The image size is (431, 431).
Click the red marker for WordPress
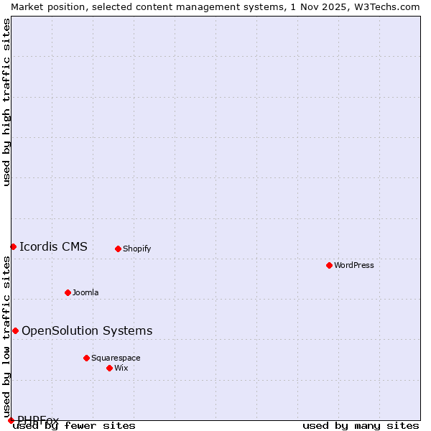point(329,265)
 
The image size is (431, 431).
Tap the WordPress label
point(354,265)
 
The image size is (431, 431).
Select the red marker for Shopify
point(118,249)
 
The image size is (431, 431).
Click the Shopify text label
point(136,249)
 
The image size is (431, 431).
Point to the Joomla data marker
point(68,292)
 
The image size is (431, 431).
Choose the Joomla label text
point(85,292)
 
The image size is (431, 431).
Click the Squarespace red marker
point(86,358)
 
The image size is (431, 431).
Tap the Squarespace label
point(116,358)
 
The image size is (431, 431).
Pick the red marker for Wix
point(109,368)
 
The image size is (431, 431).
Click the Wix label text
point(121,368)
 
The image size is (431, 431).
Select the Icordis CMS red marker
point(13,246)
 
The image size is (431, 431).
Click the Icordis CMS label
point(53,246)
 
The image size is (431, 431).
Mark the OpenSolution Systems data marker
point(15,330)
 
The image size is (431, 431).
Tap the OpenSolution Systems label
point(87,330)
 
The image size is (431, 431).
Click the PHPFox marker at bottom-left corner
point(11,420)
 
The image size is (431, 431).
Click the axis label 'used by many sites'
point(361,425)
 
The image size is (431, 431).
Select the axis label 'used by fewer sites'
point(74,425)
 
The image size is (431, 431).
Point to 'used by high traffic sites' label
point(6,102)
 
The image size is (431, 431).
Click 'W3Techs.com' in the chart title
point(386,6)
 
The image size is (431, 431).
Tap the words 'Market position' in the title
point(43,6)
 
